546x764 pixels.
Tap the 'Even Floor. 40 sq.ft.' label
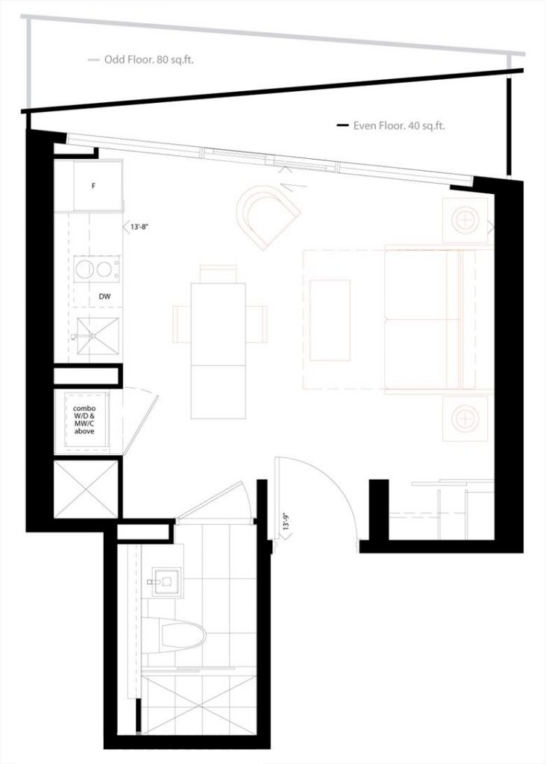[399, 125]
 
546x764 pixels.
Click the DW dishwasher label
[104, 295]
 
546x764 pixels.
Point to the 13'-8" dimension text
[139, 227]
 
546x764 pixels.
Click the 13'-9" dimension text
[286, 522]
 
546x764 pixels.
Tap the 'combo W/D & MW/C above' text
[84, 419]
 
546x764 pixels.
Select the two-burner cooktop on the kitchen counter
[96, 269]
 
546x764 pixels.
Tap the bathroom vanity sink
[167, 581]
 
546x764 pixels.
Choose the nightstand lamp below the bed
[465, 418]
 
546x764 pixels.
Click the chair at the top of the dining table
[219, 274]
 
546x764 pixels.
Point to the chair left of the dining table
[182, 324]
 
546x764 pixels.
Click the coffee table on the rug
[330, 320]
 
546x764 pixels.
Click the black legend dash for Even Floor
[343, 126]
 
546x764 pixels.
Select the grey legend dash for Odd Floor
[94, 60]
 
